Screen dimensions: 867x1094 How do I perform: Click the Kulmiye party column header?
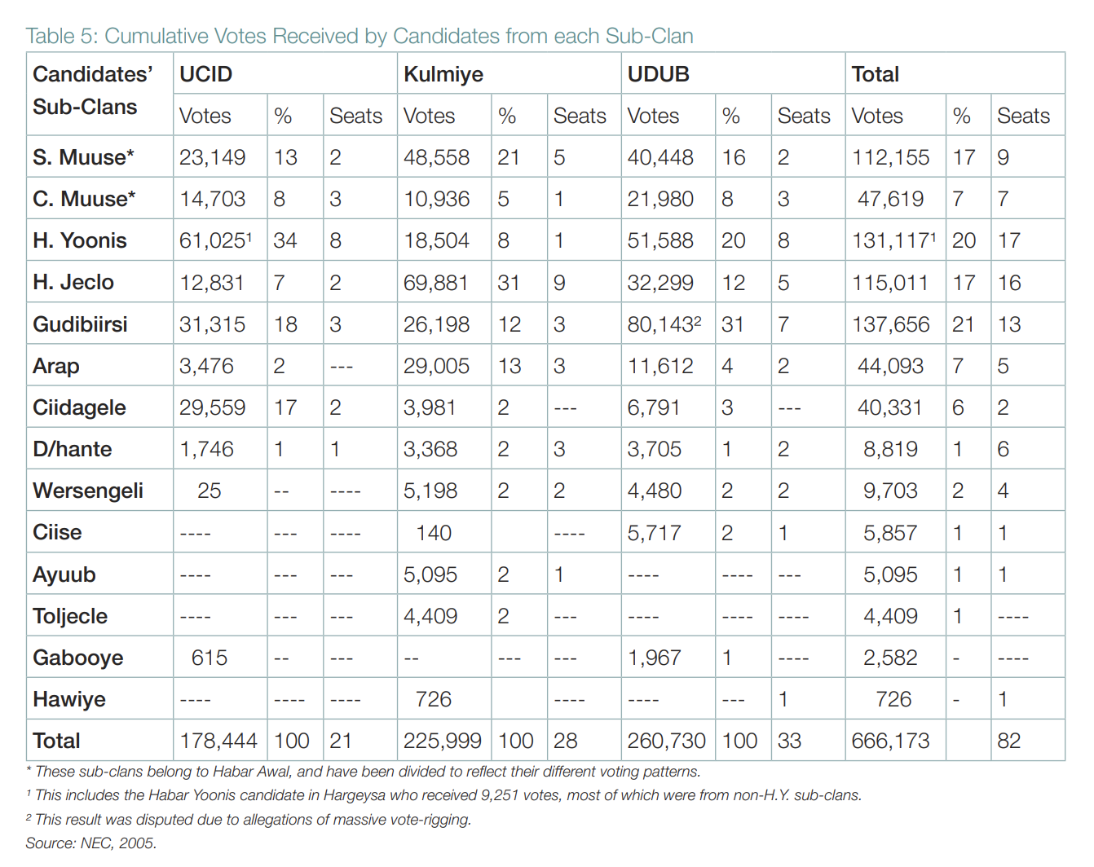443,74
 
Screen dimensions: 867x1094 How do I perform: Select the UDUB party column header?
658,74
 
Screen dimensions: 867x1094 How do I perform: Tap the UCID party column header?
205,74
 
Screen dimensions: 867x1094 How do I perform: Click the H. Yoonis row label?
80,240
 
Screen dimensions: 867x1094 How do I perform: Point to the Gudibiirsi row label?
80,324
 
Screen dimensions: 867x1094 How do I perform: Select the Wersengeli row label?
88,491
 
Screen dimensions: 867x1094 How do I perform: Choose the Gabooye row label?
78,658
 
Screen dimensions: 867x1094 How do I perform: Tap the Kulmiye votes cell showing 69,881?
436,283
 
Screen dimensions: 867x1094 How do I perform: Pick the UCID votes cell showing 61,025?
212,240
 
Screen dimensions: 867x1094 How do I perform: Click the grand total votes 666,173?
891,741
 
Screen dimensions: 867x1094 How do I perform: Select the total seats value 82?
1008,741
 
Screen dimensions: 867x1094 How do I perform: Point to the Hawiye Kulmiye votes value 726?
433,699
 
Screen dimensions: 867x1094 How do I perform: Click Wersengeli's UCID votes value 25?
209,491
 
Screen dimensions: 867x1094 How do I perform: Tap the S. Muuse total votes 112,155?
891,157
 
